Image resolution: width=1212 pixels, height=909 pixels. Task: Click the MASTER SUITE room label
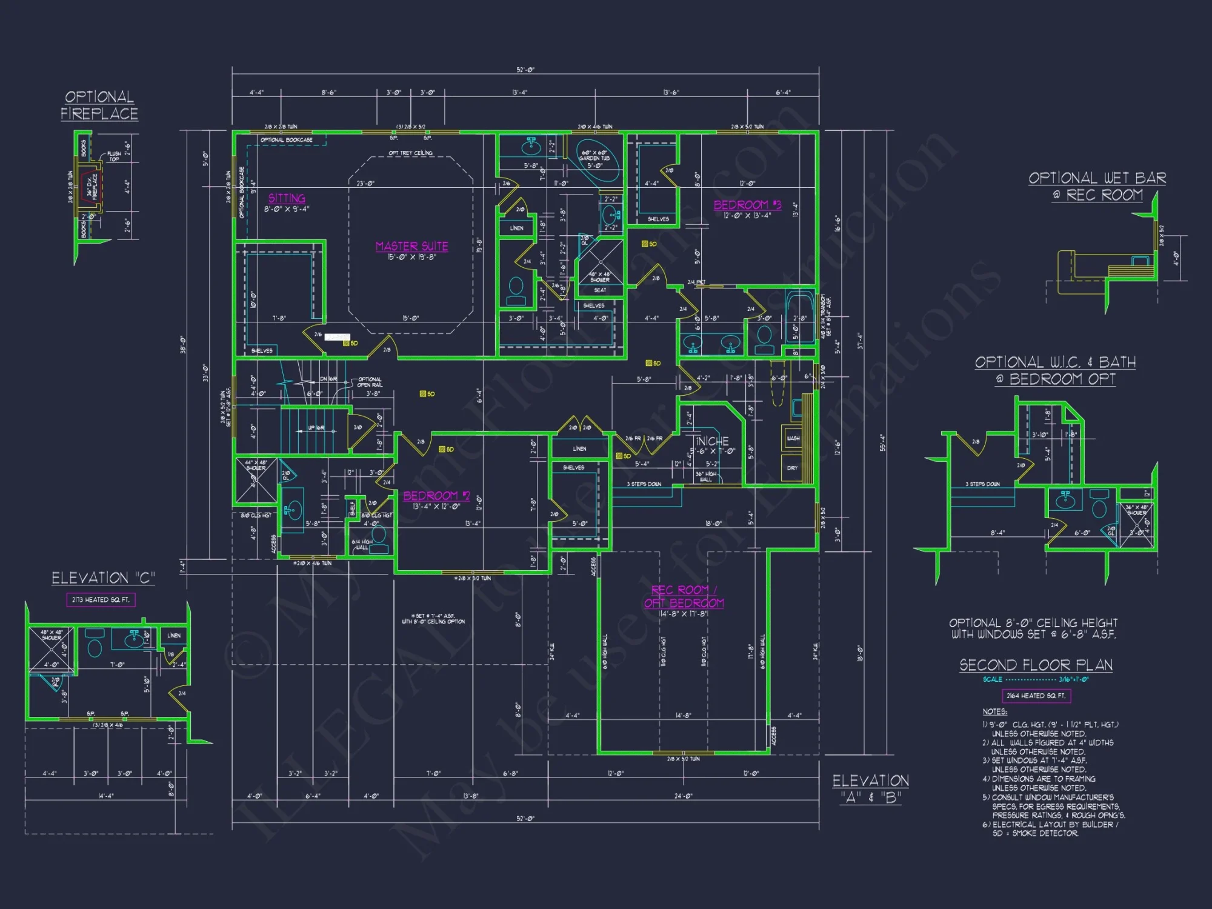tap(411, 246)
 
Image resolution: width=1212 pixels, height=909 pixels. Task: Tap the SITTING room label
tap(287, 198)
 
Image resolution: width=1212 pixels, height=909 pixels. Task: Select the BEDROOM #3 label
tap(747, 205)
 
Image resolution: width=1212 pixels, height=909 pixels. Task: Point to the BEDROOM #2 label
tap(436, 496)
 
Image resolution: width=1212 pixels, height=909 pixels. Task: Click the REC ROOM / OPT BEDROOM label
tap(684, 596)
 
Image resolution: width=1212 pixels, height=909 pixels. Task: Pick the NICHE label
tap(713, 441)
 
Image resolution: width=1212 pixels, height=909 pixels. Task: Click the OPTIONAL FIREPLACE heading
tap(99, 105)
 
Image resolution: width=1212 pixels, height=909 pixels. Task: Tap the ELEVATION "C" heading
tap(103, 578)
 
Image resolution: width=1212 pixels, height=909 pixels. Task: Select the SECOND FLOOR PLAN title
tap(1036, 665)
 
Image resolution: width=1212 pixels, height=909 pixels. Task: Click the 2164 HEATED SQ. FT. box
tap(1036, 696)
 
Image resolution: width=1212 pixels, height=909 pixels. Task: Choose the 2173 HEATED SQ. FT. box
tap(101, 600)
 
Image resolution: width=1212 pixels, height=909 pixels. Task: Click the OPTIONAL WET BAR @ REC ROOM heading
tap(1097, 186)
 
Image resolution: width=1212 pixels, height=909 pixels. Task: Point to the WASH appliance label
tap(793, 438)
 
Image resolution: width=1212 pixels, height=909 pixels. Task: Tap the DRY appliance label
tap(792, 468)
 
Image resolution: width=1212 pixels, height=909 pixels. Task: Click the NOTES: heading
tap(994, 711)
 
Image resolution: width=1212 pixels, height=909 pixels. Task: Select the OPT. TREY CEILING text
tap(410, 153)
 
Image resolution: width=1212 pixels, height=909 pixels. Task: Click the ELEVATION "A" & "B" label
tap(870, 788)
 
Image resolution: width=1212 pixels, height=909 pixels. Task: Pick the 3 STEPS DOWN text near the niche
tap(644, 484)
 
